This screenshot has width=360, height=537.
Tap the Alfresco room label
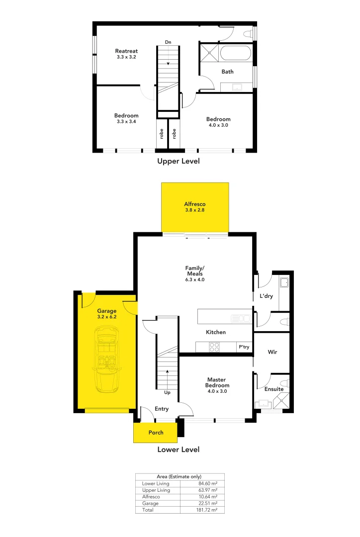(x=195, y=204)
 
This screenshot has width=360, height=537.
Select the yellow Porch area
(x=156, y=433)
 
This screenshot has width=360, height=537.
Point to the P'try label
(x=244, y=347)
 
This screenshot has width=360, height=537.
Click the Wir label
(x=272, y=352)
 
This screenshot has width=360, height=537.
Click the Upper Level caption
(x=179, y=161)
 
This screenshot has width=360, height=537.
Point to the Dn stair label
(x=168, y=43)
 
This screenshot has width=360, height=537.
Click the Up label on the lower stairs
(x=167, y=392)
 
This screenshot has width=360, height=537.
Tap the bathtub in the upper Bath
(x=236, y=53)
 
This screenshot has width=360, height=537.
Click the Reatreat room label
(x=126, y=51)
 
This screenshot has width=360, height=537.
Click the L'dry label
(x=267, y=296)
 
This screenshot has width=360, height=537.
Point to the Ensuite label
(x=274, y=389)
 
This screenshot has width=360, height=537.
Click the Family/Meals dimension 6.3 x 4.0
(x=195, y=279)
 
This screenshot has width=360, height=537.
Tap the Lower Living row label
(x=155, y=483)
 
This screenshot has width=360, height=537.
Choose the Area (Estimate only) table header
(x=179, y=476)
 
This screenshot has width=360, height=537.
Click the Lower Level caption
(x=179, y=449)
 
